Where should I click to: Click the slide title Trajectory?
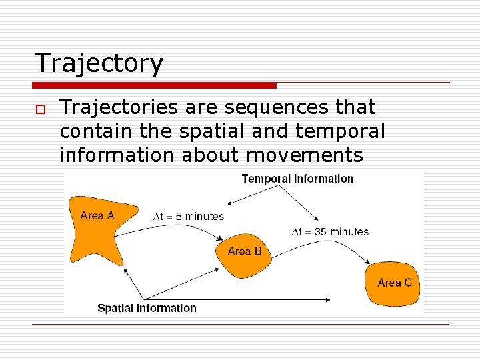[99, 64]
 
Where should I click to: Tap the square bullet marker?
[41, 109]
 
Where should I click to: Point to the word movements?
[305, 155]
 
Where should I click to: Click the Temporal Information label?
[297, 179]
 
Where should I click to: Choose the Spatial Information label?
[147, 308]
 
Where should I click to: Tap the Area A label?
[97, 215]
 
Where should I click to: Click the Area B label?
[245, 251]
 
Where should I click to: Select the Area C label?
[395, 283]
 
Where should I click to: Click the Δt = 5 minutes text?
[189, 216]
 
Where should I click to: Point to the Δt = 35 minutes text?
[330, 232]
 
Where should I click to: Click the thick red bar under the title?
[155, 85]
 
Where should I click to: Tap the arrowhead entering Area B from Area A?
[220, 238]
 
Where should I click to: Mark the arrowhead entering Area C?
[368, 261]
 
